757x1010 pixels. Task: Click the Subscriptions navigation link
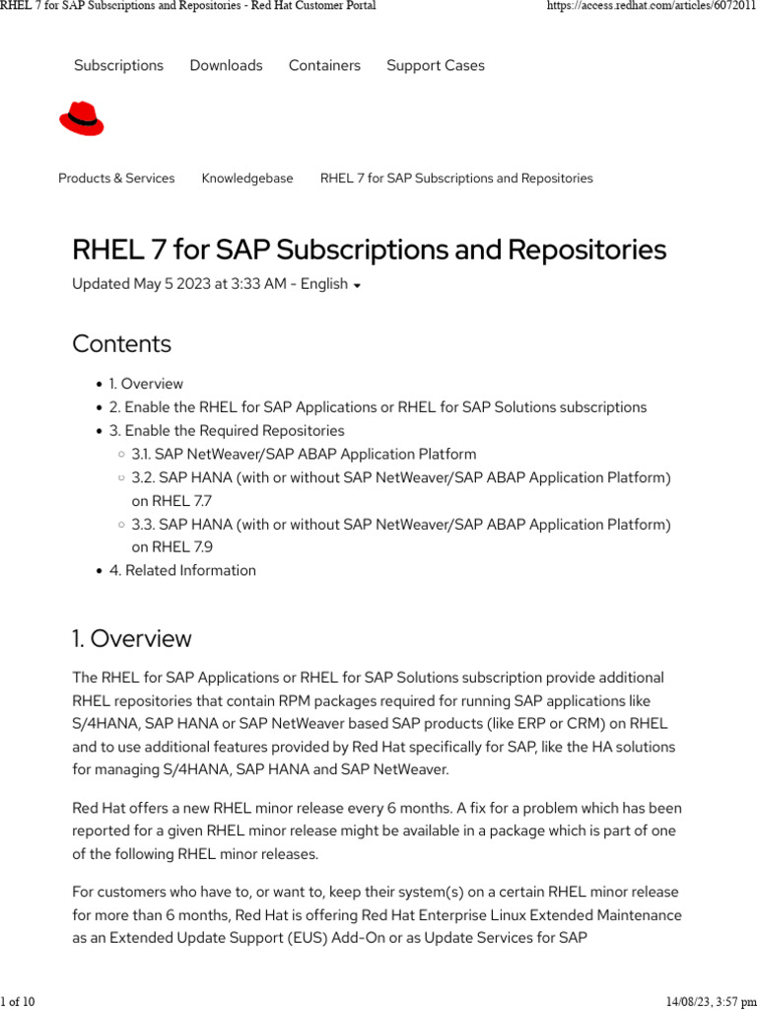click(x=118, y=65)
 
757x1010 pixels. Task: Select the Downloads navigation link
click(x=226, y=65)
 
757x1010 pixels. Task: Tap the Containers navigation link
click(x=324, y=65)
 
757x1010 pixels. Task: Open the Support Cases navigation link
click(x=435, y=65)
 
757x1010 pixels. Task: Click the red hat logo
click(x=81, y=119)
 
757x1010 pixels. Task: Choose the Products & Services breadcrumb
click(x=116, y=179)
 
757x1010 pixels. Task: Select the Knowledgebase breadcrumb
click(x=247, y=179)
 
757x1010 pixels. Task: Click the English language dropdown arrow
click(x=357, y=286)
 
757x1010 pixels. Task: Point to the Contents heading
click(x=121, y=344)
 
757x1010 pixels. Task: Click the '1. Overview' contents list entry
click(x=146, y=384)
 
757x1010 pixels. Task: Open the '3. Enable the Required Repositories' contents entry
click(x=227, y=431)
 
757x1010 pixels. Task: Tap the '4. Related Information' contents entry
click(x=182, y=570)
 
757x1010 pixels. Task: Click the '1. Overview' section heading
click(x=131, y=639)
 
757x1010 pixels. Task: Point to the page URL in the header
click(x=651, y=7)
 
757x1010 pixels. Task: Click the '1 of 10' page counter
click(x=18, y=1002)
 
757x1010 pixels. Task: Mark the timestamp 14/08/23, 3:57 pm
click(x=710, y=1002)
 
